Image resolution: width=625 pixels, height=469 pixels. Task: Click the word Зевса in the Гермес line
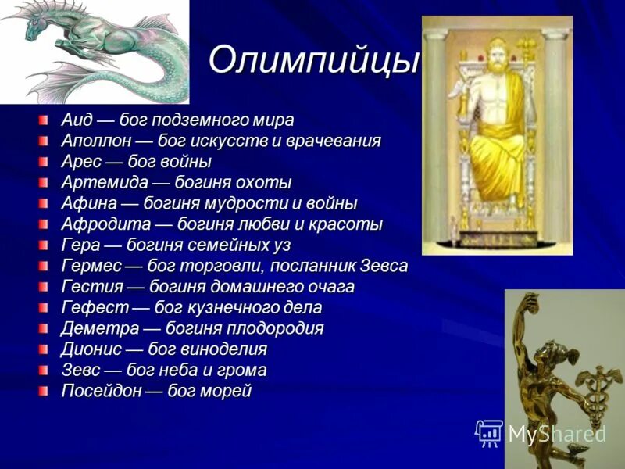[x=385, y=266]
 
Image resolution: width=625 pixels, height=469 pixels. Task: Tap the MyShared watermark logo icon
[x=489, y=432]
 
